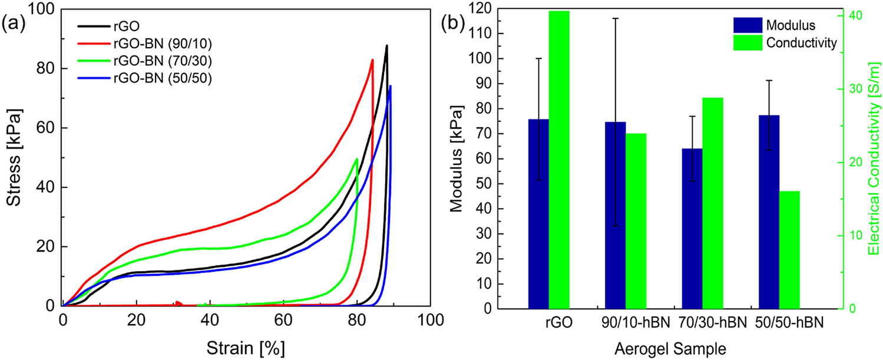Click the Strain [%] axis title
click(x=246, y=348)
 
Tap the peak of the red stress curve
click(x=372, y=60)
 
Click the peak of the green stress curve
click(x=356, y=158)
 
